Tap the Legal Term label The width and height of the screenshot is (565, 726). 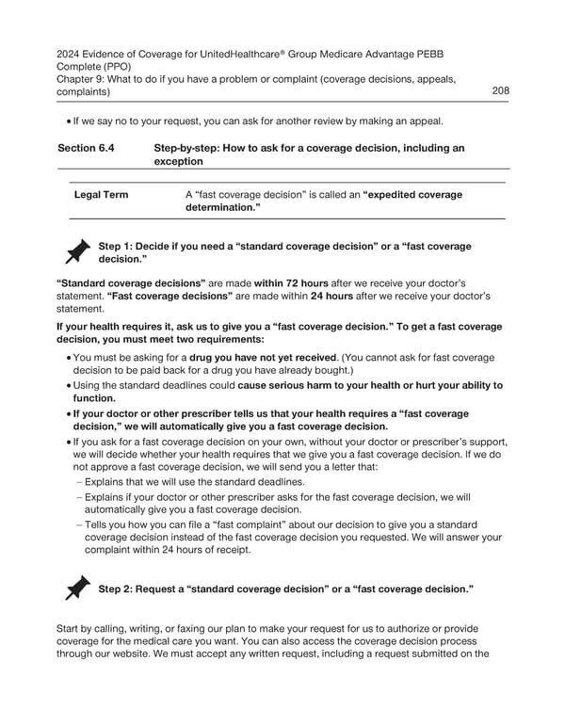(102, 195)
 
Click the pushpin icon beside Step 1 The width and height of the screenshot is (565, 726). (76, 252)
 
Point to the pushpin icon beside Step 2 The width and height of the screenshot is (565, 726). (76, 588)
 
